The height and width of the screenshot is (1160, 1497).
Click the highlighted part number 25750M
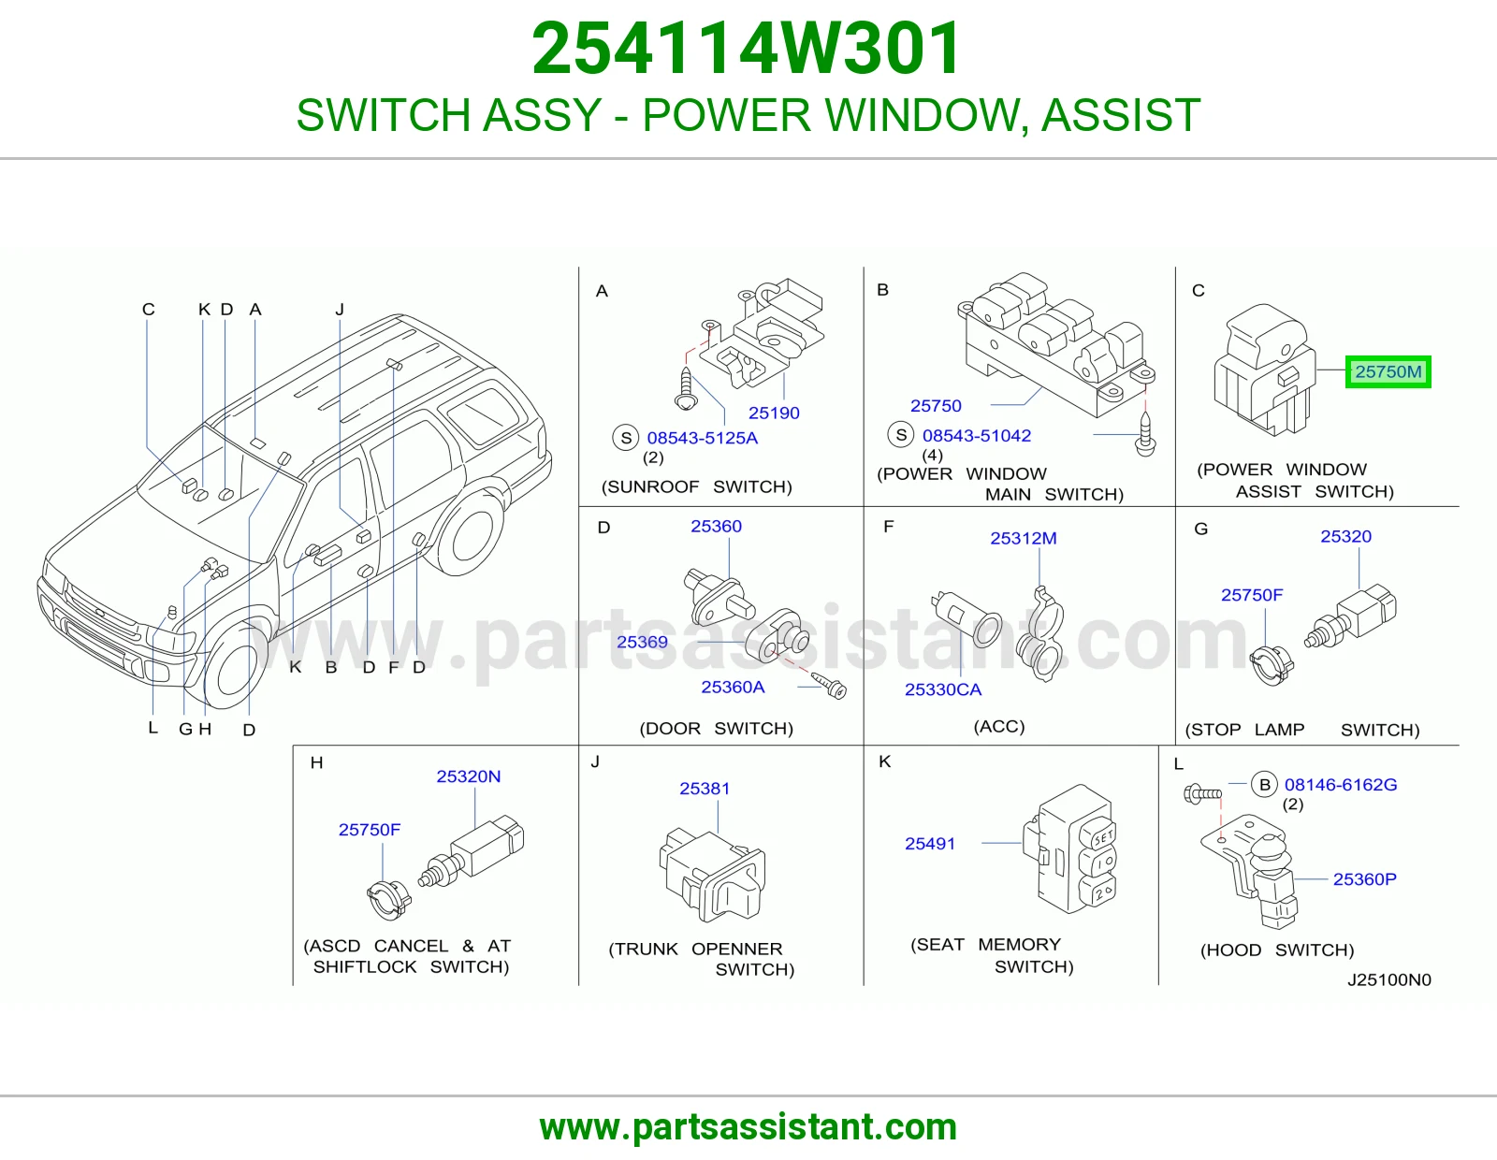point(1388,372)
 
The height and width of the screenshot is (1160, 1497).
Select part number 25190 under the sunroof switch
point(774,413)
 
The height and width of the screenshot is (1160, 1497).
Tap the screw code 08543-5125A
point(702,438)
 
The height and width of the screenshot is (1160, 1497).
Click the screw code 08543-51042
point(976,435)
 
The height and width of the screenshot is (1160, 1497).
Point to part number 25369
point(642,642)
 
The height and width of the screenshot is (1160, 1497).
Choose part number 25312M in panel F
point(1023,538)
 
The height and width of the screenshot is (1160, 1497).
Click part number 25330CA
point(942,689)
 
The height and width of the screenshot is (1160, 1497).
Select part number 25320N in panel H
point(469,776)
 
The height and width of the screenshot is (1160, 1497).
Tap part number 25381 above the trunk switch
point(705,788)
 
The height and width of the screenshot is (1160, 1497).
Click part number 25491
point(930,843)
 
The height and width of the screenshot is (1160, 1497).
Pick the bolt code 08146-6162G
point(1341,785)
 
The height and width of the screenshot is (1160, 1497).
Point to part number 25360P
point(1365,879)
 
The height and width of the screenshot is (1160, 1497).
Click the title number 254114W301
point(747,49)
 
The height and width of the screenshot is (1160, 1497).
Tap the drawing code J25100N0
point(1388,979)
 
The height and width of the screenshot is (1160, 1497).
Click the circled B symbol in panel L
point(1264,785)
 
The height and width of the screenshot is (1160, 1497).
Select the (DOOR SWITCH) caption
point(717,728)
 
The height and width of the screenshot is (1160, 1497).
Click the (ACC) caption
point(999,726)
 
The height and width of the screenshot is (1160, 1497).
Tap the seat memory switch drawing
point(1069,849)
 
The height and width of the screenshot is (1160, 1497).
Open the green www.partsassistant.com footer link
point(748,1126)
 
